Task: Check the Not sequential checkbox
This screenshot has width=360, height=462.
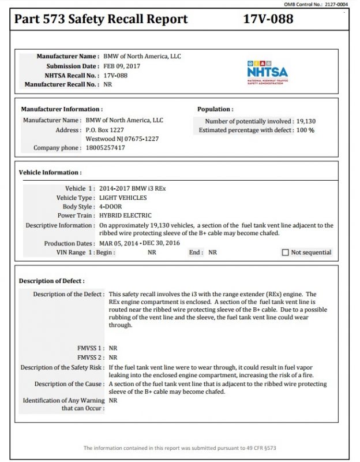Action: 285,252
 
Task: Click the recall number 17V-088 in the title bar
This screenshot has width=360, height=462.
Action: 268,19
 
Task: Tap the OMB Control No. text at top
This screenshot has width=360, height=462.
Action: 322,4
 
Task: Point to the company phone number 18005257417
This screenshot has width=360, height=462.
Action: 105,148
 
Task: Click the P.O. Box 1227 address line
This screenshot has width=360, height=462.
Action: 105,130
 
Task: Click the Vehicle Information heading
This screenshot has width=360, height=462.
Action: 50,172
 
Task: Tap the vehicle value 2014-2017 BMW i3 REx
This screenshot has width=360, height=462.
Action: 133,189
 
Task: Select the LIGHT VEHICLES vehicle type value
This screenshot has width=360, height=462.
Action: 123,198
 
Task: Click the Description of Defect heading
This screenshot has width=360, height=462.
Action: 51,281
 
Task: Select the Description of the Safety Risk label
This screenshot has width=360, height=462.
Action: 62,367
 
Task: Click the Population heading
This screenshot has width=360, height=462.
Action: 215,109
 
